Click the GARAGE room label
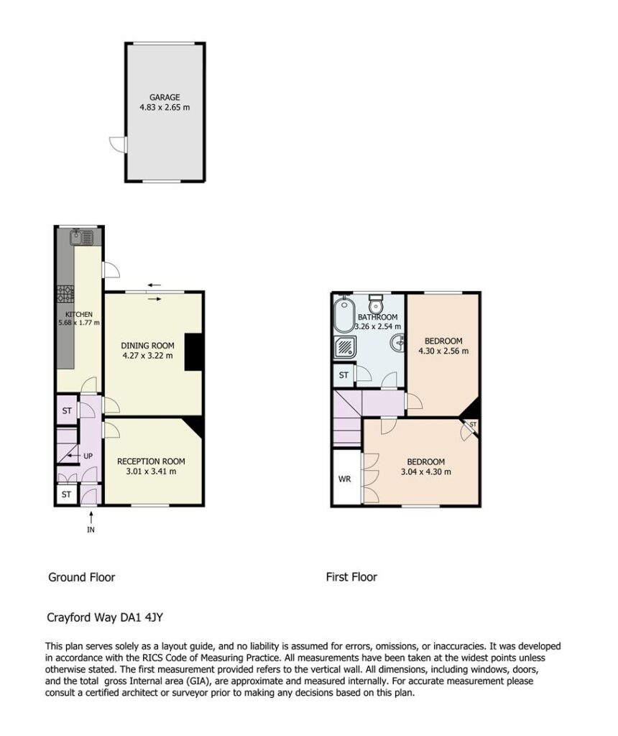(165, 97)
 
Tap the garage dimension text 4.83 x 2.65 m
(165, 107)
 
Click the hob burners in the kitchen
(65, 294)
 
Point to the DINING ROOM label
(147, 346)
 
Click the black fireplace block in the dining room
(193, 352)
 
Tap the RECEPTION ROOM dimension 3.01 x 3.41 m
(151, 471)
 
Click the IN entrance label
(91, 530)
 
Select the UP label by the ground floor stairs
(88, 456)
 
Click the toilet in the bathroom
(375, 304)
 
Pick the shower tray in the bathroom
(345, 347)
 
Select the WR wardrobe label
(344, 479)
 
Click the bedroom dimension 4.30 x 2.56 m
(443, 351)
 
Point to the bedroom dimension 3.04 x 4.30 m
(425, 472)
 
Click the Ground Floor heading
(82, 577)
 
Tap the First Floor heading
(351, 577)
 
